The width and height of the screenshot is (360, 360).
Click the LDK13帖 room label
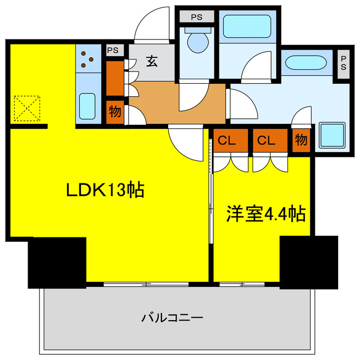point(105,190)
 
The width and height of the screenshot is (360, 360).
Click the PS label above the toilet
point(196,17)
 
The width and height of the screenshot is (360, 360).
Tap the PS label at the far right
point(343,61)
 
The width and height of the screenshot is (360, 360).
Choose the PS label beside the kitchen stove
point(112,50)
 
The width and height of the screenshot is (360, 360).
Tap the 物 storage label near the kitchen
point(115,111)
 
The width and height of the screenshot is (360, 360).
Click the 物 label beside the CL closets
point(301,139)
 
